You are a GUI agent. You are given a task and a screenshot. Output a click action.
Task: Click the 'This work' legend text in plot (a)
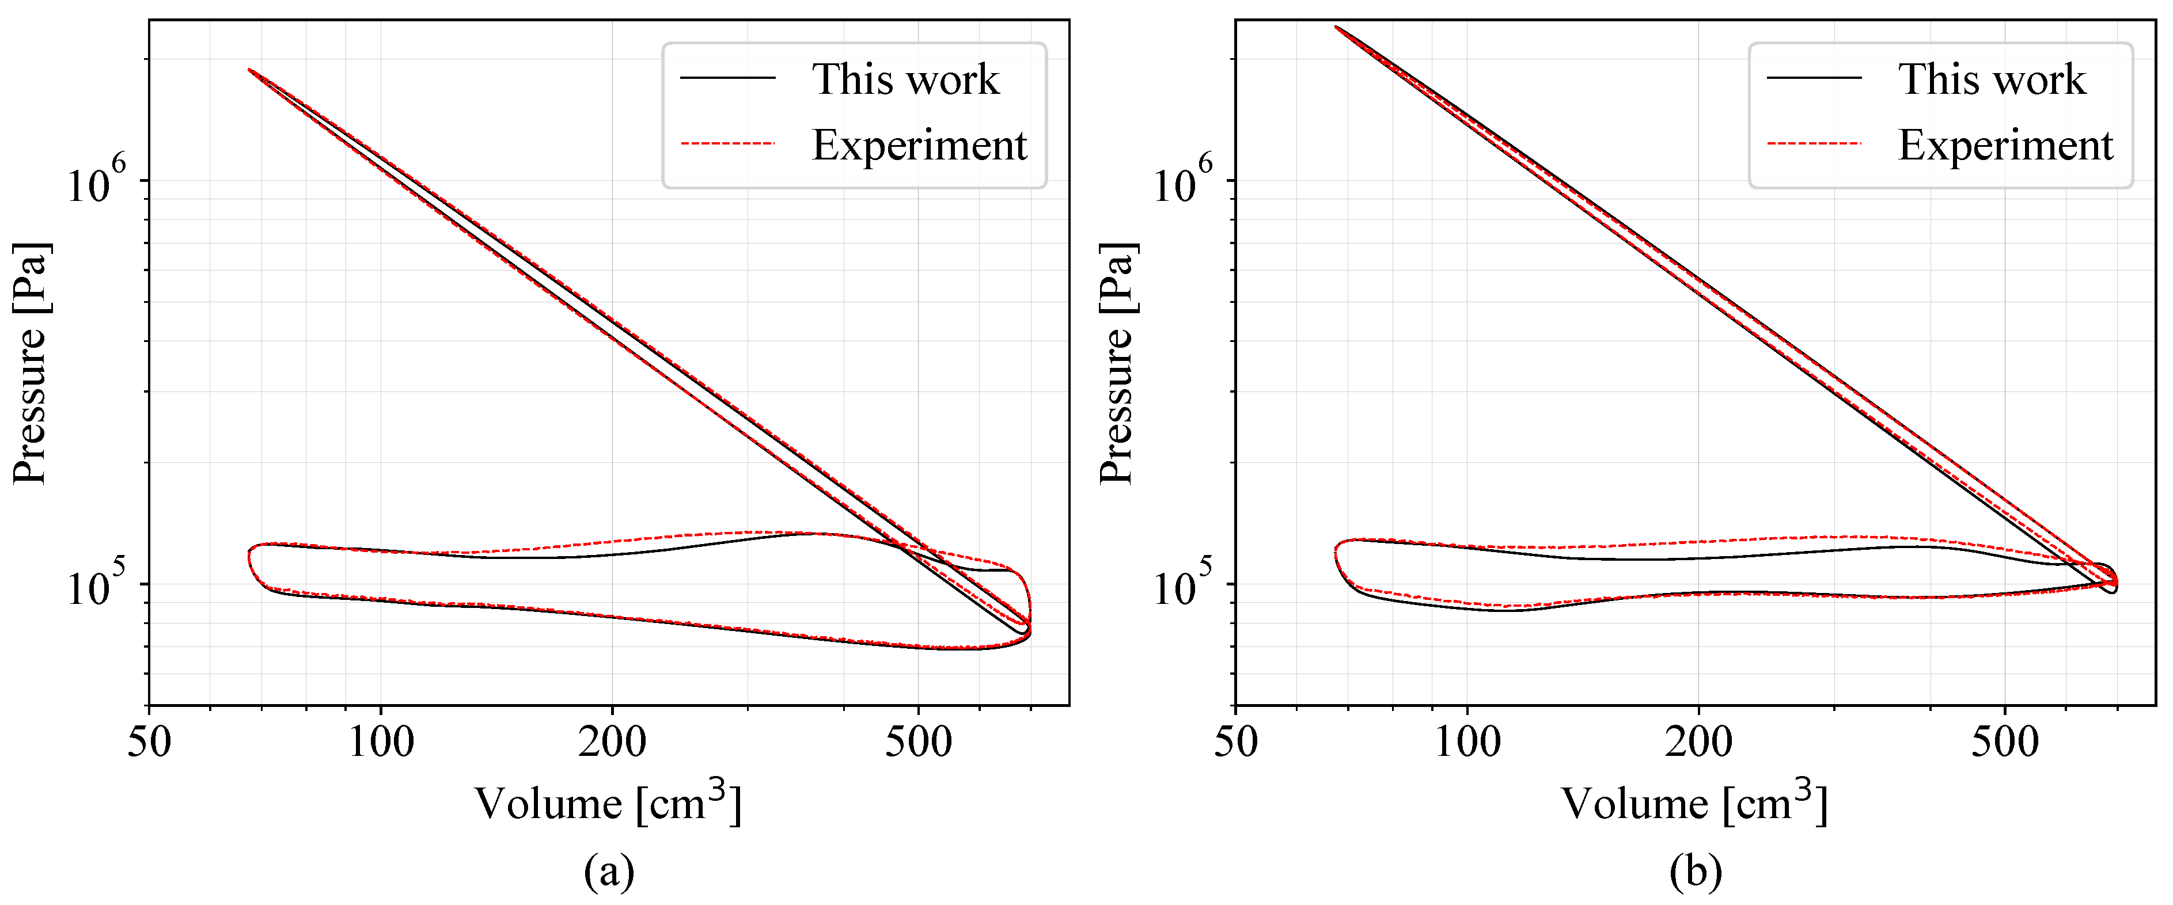pos(905,79)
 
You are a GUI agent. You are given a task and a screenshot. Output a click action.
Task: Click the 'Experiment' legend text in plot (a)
pos(919,145)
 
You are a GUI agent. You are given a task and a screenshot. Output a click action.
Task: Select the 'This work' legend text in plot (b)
pos(1992,79)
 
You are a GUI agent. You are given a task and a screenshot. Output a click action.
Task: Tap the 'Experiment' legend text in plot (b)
pos(2005,145)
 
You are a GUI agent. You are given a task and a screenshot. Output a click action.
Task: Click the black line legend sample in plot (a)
pos(727,78)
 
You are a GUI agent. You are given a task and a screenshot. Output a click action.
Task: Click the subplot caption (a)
pos(608,871)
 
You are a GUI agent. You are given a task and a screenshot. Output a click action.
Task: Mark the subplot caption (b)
pos(1695,871)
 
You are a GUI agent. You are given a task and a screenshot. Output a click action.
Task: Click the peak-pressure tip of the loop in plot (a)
pos(250,71)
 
